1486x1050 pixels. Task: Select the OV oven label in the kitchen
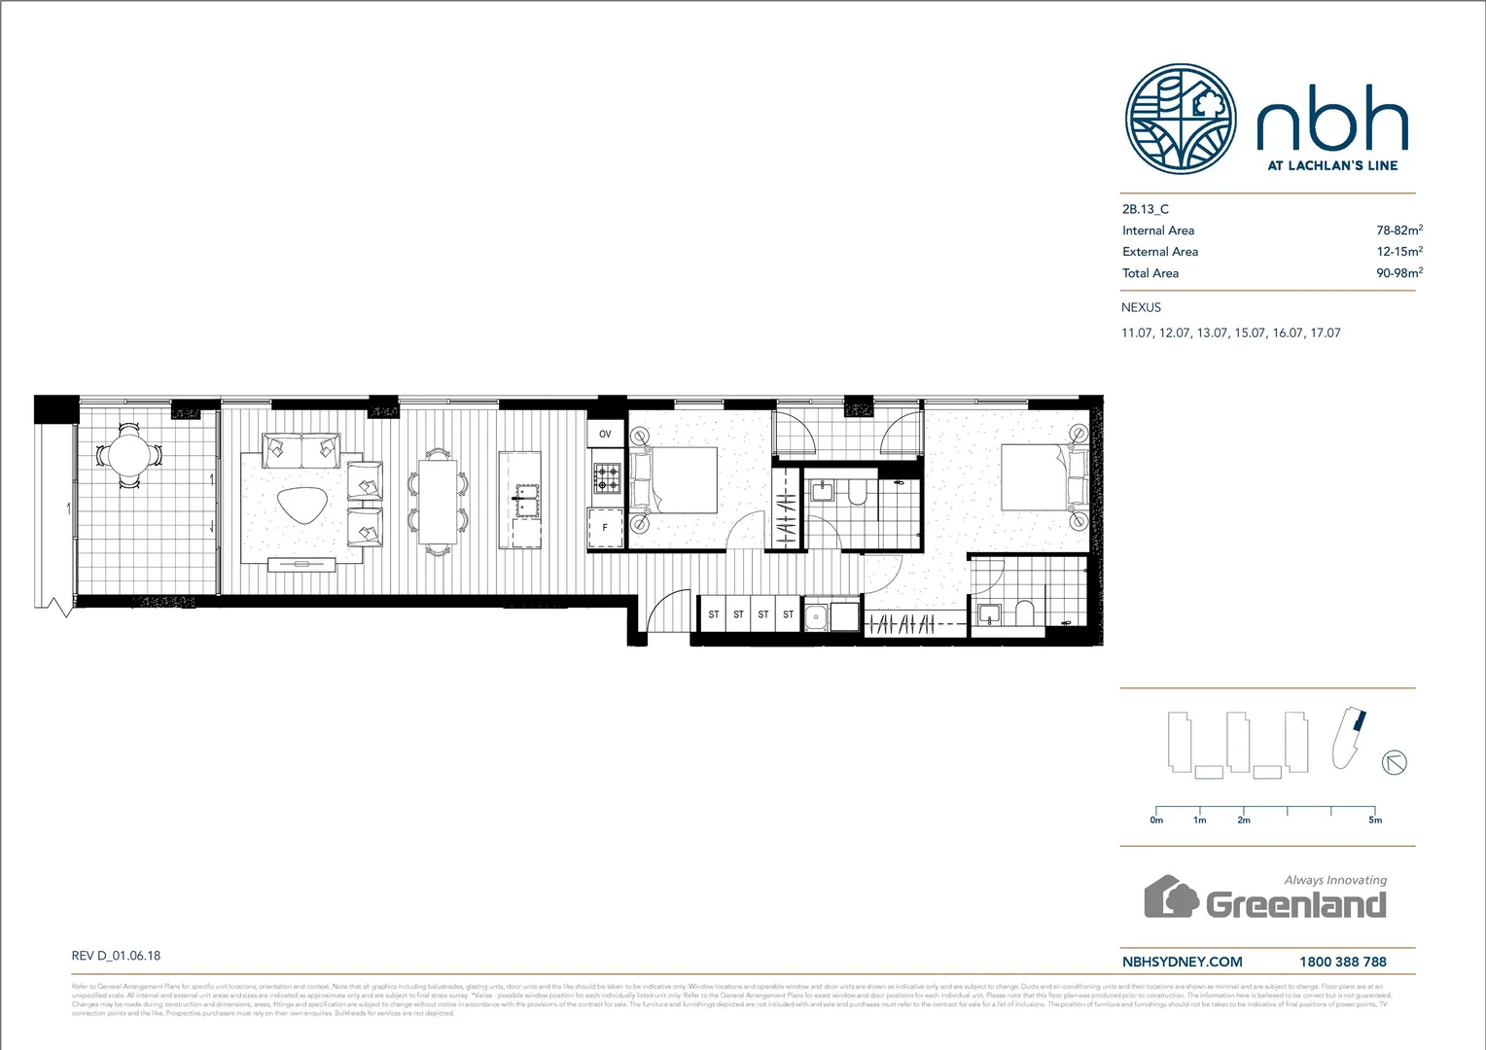(x=605, y=434)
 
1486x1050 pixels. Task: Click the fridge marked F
(x=605, y=528)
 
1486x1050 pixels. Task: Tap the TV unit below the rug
(x=301, y=564)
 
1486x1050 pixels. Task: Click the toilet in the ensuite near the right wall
(x=1024, y=613)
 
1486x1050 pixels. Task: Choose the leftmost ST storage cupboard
(x=714, y=614)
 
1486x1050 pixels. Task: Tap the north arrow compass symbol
(x=1395, y=762)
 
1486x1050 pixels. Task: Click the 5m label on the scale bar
(x=1374, y=821)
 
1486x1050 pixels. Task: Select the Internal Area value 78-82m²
(x=1398, y=230)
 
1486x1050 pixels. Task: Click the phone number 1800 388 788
(x=1342, y=962)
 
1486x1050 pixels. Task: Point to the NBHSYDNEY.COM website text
(x=1182, y=962)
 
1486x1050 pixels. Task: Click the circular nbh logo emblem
(x=1181, y=120)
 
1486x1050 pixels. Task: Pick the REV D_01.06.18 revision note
(x=116, y=956)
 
